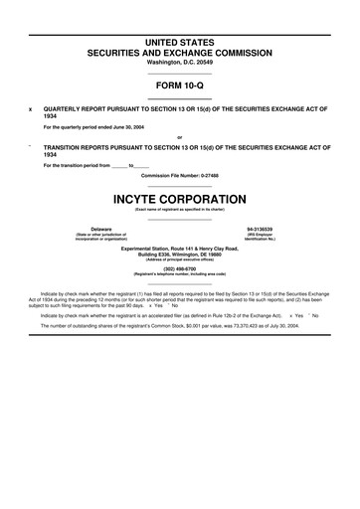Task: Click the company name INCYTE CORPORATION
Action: pyautogui.click(x=180, y=198)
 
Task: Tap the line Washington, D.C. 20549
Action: pyautogui.click(x=180, y=62)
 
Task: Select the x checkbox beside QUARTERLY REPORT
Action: pyautogui.click(x=31, y=107)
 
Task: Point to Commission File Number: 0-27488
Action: pyautogui.click(x=180, y=175)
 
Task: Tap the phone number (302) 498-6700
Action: pyautogui.click(x=180, y=269)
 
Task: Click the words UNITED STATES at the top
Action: pyautogui.click(x=180, y=41)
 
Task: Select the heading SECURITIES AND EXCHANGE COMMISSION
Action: pyautogui.click(x=180, y=51)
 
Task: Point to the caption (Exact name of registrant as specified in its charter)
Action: pyautogui.click(x=180, y=209)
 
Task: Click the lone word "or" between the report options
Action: pyautogui.click(x=180, y=136)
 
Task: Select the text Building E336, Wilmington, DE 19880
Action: pyautogui.click(x=180, y=253)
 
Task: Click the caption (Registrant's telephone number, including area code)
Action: pyautogui.click(x=180, y=275)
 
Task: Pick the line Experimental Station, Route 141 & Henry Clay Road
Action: pyautogui.click(x=180, y=247)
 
